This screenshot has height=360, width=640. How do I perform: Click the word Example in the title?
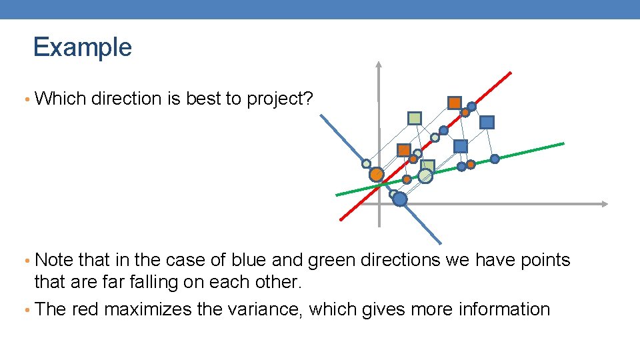[83, 47]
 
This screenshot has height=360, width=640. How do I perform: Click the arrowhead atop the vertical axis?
[379, 65]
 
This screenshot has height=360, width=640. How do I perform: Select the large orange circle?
[377, 175]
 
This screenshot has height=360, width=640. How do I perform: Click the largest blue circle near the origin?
[399, 199]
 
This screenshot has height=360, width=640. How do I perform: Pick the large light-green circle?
[425, 175]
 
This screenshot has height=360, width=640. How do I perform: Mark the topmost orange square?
[454, 103]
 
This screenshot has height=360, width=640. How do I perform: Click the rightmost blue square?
[487, 122]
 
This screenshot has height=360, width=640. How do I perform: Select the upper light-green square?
[415, 118]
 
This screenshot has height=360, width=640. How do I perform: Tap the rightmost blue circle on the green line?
[495, 159]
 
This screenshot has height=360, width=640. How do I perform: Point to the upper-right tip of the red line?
[511, 72]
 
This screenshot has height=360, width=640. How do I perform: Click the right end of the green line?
[563, 143]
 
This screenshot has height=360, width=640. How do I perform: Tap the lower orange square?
[403, 150]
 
